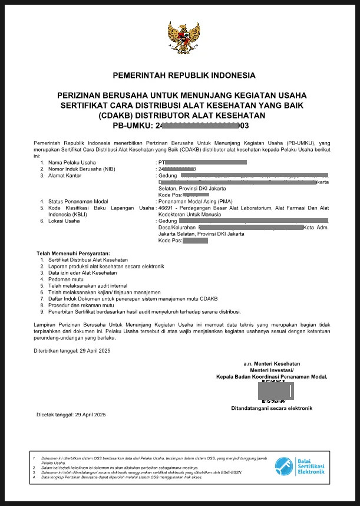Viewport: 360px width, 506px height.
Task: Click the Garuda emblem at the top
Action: (x=184, y=38)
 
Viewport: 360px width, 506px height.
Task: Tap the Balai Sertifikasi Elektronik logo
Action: (x=300, y=466)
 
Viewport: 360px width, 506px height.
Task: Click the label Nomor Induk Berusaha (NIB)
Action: (x=81, y=169)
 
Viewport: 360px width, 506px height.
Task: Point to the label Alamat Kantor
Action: (x=65, y=175)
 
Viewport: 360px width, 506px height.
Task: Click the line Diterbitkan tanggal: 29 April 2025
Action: (x=72, y=351)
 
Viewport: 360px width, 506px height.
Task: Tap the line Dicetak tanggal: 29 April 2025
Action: (x=71, y=415)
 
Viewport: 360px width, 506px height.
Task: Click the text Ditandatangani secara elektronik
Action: (x=272, y=408)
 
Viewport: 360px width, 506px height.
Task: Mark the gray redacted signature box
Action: (x=275, y=390)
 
